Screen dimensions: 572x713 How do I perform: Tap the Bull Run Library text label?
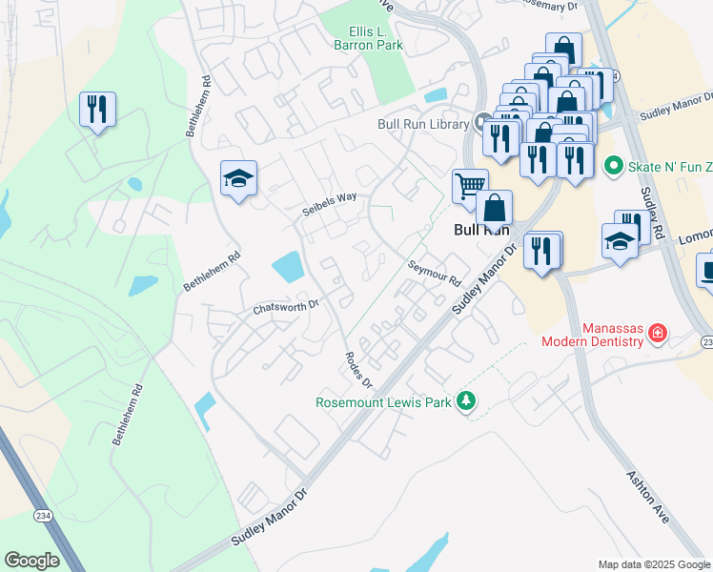pyautogui.click(x=423, y=123)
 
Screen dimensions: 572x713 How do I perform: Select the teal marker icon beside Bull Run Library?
pyautogui.click(x=483, y=123)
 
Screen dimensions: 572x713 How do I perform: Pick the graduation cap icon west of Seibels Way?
pyautogui.click(x=238, y=177)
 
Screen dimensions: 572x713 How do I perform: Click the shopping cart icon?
pyautogui.click(x=469, y=186)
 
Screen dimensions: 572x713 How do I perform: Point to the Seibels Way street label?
pyautogui.click(x=330, y=203)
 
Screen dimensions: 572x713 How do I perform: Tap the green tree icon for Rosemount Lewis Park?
pyautogui.click(x=466, y=402)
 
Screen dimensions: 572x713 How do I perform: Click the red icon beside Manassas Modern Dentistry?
pyautogui.click(x=658, y=333)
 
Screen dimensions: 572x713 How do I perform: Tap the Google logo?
pyautogui.click(x=31, y=560)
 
